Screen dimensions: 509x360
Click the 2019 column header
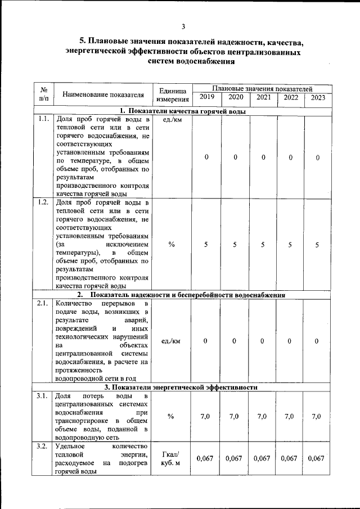click(x=206, y=98)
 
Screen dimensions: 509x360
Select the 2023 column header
click(x=317, y=98)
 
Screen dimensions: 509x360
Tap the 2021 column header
click(x=263, y=98)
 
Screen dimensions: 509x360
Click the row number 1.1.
click(x=43, y=119)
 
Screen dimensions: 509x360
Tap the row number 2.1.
click(x=43, y=304)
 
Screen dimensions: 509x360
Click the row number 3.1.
click(x=43, y=397)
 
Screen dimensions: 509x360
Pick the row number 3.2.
click(x=43, y=447)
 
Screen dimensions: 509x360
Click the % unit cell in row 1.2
click(x=172, y=245)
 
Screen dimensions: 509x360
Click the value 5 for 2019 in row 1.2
click(x=206, y=245)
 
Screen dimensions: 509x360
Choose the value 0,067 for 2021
click(x=263, y=458)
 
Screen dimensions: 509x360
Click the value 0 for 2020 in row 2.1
click(x=235, y=341)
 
